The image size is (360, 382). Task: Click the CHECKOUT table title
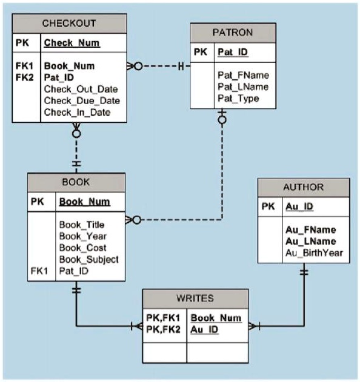click(x=69, y=24)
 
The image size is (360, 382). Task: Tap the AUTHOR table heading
click(x=303, y=187)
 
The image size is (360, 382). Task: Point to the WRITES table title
click(x=195, y=298)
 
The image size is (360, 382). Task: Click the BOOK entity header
click(x=76, y=182)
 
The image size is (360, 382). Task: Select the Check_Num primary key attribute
click(x=72, y=44)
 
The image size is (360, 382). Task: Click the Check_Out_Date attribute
click(x=81, y=89)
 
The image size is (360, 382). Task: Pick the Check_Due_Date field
click(x=81, y=100)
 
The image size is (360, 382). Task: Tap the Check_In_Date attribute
click(x=77, y=112)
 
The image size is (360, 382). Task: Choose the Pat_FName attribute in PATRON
click(x=242, y=75)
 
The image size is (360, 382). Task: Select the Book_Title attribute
click(x=81, y=225)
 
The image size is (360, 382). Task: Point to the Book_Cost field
click(x=82, y=248)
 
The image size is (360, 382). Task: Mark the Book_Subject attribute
click(x=88, y=259)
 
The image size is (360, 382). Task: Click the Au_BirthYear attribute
click(x=314, y=253)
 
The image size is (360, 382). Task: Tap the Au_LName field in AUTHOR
click(x=310, y=242)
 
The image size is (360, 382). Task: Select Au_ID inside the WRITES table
click(x=205, y=330)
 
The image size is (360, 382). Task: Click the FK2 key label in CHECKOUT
click(x=24, y=77)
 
